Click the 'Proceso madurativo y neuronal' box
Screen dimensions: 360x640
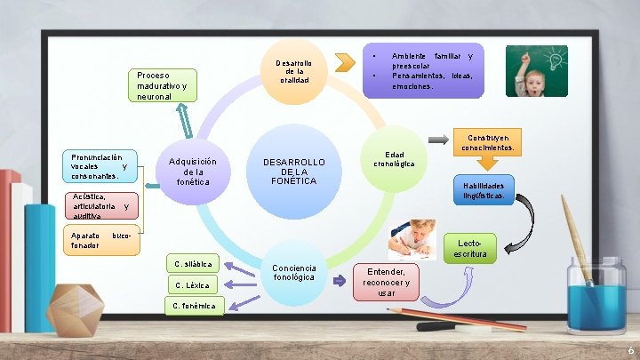coord(162,85)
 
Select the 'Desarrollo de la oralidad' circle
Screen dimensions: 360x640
coord(293,68)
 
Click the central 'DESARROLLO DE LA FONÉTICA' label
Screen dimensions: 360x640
coord(294,171)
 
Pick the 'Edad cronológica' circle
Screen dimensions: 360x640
coord(394,159)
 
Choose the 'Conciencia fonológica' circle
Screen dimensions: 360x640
coord(294,273)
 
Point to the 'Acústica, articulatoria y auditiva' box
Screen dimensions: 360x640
coord(100,205)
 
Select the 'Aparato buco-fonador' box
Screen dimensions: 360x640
coord(101,240)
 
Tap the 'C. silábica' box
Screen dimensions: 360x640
coord(193,264)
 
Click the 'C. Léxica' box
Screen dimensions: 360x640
coord(193,284)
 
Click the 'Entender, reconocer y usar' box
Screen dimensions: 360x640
coord(387,281)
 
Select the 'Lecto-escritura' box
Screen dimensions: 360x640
coord(471,249)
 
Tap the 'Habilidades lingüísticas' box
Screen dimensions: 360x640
coord(484,190)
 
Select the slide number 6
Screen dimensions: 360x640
coord(630,350)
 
